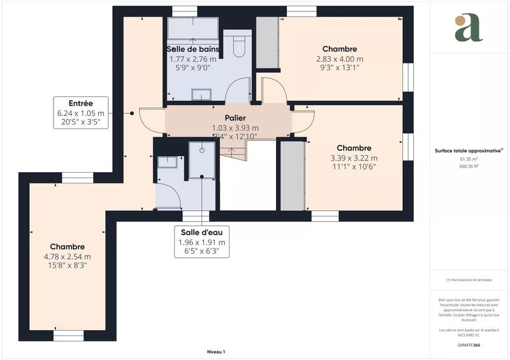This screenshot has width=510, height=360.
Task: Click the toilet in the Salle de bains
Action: pos(239,46)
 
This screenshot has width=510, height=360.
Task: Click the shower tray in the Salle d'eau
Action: pos(202,159)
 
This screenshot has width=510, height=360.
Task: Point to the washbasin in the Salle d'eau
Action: pos(167,161)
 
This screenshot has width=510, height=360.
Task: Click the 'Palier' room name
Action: pos(235,119)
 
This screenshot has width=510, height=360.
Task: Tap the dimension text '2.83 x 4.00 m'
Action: pos(339,60)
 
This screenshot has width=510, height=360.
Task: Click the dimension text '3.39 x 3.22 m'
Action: pos(354,158)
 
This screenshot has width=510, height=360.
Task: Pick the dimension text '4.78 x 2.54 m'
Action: pos(68,257)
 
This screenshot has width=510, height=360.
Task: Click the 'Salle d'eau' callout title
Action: pos(201,233)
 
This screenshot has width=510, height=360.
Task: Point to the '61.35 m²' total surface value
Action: pos(469,160)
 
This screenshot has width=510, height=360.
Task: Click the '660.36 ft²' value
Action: pos(469,166)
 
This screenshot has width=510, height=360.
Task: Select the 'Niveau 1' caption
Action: pos(216,352)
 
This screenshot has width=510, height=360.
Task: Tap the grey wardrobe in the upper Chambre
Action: pos(267,43)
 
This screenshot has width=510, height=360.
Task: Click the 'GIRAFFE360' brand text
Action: pos(469,344)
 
